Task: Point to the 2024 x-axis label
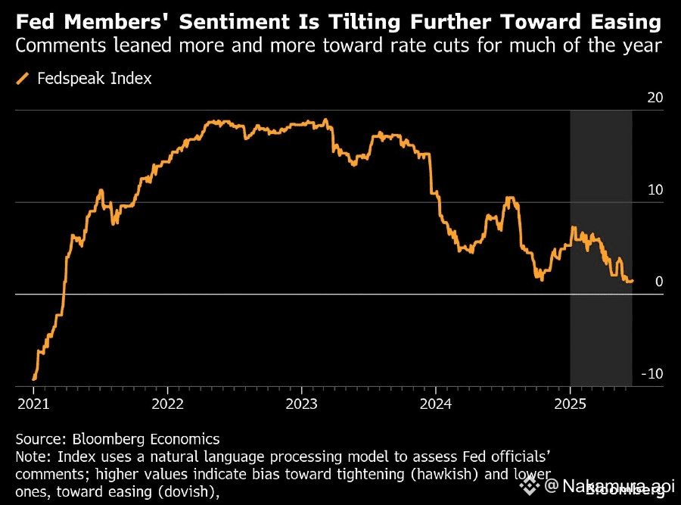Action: pyautogui.click(x=437, y=404)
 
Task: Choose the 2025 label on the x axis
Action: pyautogui.click(x=571, y=404)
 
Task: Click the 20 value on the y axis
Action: pyautogui.click(x=655, y=98)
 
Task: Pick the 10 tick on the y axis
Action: pyautogui.click(x=655, y=190)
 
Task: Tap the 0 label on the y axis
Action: pyautogui.click(x=659, y=282)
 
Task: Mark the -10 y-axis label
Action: pyautogui.click(x=652, y=374)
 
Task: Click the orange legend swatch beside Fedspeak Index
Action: pyautogui.click(x=23, y=78)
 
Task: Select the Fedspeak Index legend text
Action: pyautogui.click(x=95, y=78)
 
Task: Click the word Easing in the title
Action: pyautogui.click(x=630, y=20)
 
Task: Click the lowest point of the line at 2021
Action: pyautogui.click(x=34, y=379)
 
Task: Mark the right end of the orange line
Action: pyautogui.click(x=632, y=281)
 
